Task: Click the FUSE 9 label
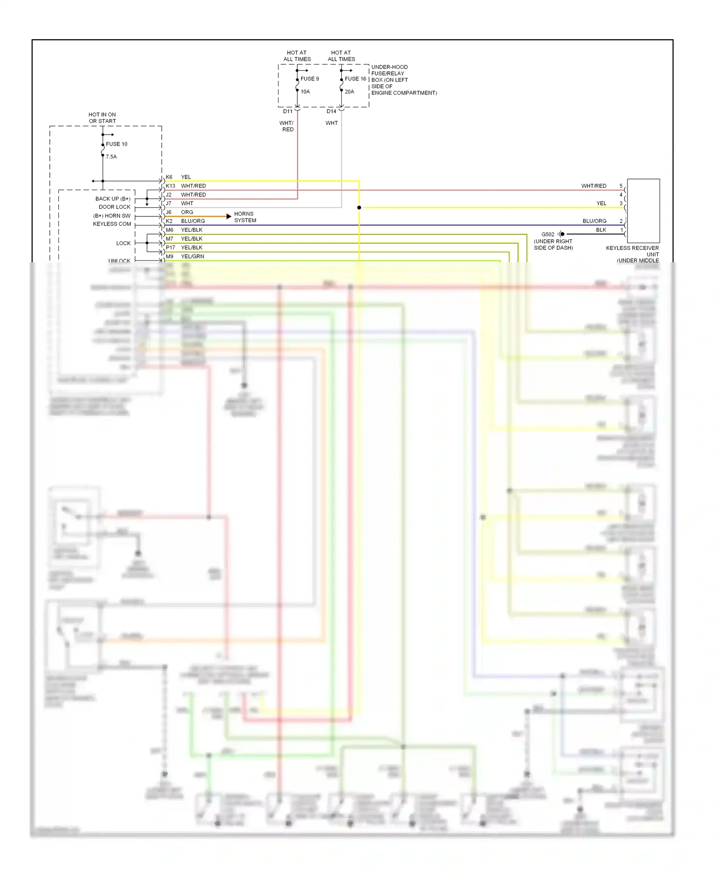coord(309,79)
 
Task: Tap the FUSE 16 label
coord(355,79)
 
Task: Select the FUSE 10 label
coord(116,144)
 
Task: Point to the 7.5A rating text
coord(111,157)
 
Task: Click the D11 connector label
coord(288,112)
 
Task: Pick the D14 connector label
coord(331,112)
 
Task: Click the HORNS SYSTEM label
coord(245,217)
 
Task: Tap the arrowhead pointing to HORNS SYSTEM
coord(229,217)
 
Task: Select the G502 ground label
coord(548,235)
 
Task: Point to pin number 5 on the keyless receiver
coord(621,186)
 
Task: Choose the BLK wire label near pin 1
coord(601,230)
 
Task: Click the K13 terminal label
coord(170,186)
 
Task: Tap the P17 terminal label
coord(170,248)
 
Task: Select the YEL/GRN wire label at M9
coord(192,257)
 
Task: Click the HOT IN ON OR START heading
coord(102,118)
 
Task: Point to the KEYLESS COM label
coord(112,224)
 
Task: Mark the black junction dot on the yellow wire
coord(359,208)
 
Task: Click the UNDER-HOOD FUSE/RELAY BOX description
coord(404,80)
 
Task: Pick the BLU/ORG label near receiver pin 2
coord(595,221)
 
